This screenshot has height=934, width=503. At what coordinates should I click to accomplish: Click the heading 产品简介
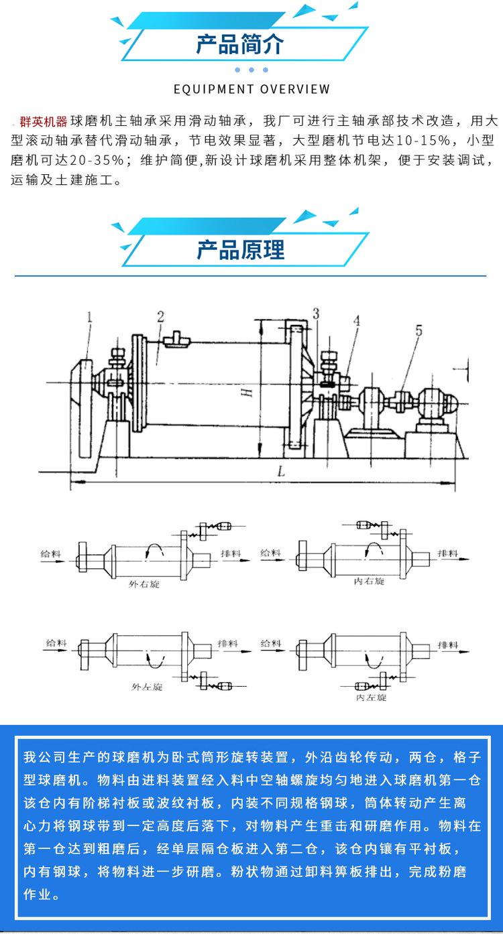240,45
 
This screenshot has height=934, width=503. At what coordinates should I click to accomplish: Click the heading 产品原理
240,250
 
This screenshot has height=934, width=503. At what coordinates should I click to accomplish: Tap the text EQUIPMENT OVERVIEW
251,89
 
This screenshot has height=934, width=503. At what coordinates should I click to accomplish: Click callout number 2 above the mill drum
160,317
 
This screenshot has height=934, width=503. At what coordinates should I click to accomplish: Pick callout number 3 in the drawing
315,313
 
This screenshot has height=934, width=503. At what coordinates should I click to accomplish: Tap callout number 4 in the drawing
357,320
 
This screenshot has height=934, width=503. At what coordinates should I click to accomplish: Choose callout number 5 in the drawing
419,330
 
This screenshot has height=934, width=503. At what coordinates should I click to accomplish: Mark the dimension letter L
282,472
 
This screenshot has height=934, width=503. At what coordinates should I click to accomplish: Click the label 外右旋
144,584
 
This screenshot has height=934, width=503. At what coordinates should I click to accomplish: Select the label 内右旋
370,582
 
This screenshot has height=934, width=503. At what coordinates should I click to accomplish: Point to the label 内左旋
371,697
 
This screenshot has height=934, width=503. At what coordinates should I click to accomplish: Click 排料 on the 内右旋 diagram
447,553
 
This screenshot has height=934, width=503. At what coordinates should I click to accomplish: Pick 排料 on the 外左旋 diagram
228,643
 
